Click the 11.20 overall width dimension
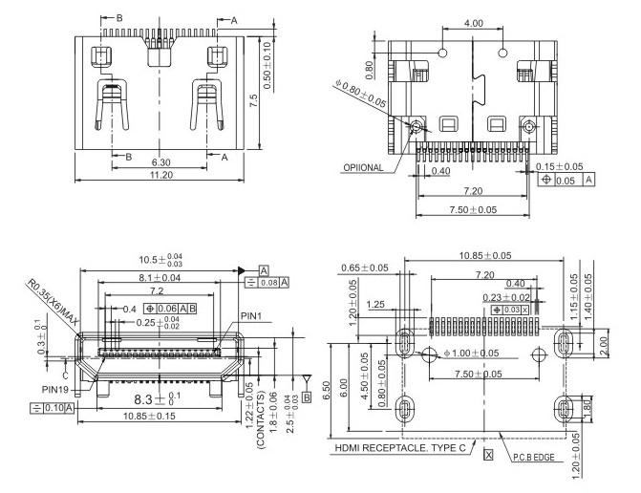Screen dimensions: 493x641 (161, 175)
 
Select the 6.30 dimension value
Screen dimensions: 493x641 (161, 161)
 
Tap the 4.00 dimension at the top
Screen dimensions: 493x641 (472, 22)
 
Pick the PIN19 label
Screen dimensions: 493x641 (55, 389)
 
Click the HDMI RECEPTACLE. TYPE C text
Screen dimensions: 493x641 (400, 447)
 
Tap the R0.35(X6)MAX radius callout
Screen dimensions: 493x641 (51, 303)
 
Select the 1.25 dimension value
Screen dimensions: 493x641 (374, 304)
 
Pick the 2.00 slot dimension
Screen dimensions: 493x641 (602, 343)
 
